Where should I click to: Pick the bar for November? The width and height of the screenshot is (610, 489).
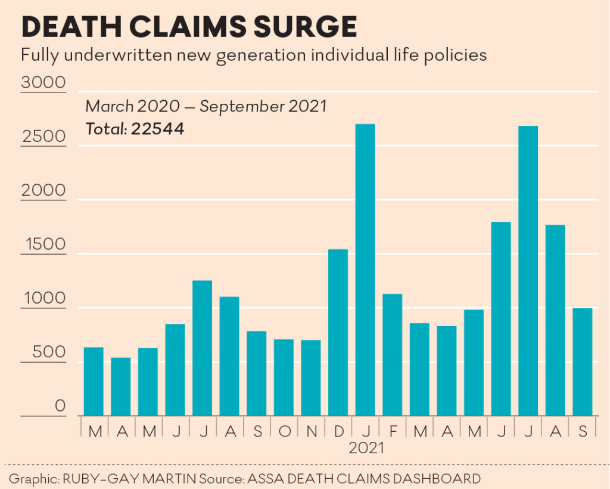pyautogui.click(x=311, y=378)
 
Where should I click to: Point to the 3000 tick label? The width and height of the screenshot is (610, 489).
pyautogui.click(x=43, y=82)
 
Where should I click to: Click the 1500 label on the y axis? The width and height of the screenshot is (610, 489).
pyautogui.click(x=43, y=244)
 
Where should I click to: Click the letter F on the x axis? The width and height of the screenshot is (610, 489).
pyautogui.click(x=393, y=430)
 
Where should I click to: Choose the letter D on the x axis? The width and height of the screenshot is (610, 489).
pyautogui.click(x=338, y=430)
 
